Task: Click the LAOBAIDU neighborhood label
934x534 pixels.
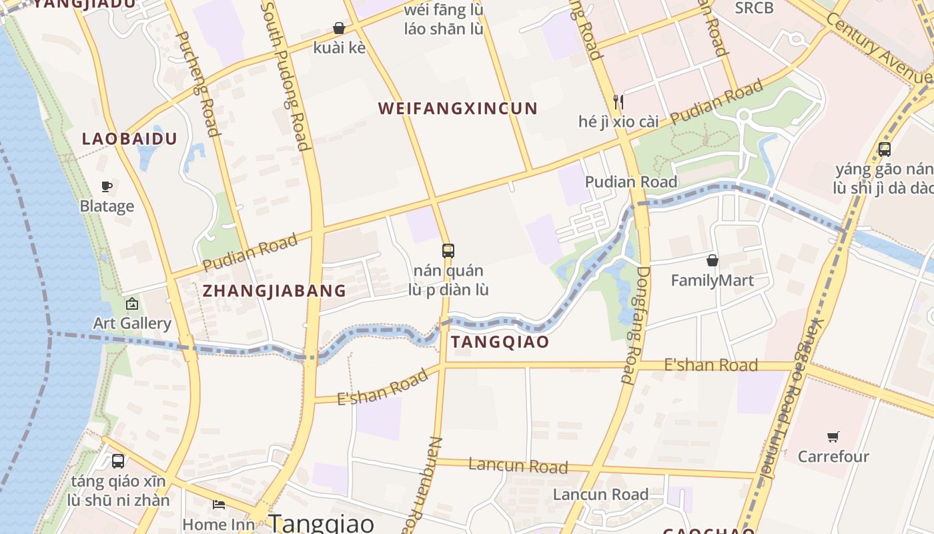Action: click(129, 139)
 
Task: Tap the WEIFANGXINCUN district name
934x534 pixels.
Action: click(458, 109)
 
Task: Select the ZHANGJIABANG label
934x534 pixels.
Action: click(274, 291)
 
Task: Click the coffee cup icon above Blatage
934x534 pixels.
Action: click(106, 186)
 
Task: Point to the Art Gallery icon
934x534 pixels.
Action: click(132, 304)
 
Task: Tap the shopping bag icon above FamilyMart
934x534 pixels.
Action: click(713, 260)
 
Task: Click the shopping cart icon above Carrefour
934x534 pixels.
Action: click(833, 437)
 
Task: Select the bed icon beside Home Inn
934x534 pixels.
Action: click(219, 504)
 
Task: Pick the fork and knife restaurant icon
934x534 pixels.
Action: click(618, 102)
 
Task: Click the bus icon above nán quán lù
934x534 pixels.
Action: click(448, 251)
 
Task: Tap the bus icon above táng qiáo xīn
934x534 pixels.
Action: click(118, 461)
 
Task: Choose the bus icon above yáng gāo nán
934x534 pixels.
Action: click(885, 150)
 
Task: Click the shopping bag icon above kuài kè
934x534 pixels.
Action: click(339, 28)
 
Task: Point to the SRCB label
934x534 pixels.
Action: click(754, 8)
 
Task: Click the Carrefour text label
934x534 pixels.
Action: click(833, 457)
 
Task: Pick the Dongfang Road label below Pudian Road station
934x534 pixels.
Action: click(636, 325)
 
